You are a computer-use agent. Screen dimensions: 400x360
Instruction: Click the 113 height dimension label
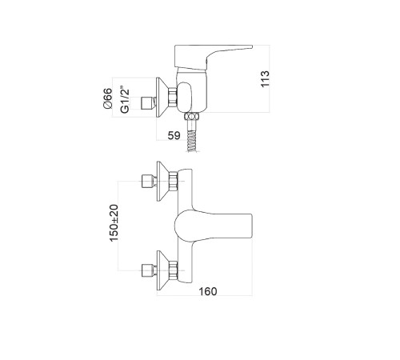pos(265,78)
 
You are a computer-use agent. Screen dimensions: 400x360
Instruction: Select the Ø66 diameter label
pos(108,98)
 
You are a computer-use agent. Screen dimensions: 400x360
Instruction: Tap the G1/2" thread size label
pos(125,99)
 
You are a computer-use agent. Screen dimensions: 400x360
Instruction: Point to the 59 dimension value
pos(174,135)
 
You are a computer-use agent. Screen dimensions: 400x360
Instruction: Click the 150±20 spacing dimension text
pos(114,223)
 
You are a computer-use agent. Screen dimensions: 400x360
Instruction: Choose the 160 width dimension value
pos(208,291)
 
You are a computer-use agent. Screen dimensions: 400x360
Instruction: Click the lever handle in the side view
pos(210,57)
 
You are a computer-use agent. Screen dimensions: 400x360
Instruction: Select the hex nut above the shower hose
pos(192,117)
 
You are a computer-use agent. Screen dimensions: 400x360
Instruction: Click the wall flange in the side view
pos(162,98)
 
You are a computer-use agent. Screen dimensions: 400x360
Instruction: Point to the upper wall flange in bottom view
pos(162,181)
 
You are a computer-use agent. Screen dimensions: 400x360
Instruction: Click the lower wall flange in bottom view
pos(162,270)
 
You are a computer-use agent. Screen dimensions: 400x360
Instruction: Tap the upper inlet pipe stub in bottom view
pos(149,182)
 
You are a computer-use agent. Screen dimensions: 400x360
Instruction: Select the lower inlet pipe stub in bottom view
pos(149,270)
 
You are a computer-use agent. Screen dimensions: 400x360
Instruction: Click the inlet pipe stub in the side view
pos(148,103)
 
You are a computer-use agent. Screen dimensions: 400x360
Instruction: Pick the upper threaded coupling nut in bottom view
pos(173,181)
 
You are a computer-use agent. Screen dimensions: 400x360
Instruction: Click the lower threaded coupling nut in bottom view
pos(173,270)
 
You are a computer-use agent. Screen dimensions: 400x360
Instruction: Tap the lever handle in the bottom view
pos(214,226)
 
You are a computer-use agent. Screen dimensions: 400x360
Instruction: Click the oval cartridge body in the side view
pos(184,96)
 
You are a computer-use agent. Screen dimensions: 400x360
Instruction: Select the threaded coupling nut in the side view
pos(173,98)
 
